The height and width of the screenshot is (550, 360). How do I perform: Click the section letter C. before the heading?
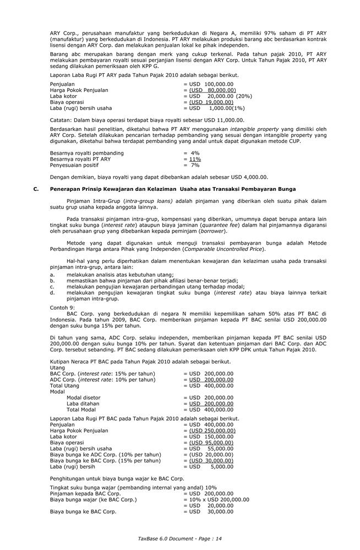36,189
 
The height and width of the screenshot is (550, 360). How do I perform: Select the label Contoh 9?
62,307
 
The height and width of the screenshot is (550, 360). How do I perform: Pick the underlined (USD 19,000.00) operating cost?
212,102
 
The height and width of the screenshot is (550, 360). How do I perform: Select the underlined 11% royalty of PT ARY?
195,159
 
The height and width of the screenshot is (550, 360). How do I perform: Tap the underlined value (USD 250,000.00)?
212,431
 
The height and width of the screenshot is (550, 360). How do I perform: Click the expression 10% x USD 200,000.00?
219,500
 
